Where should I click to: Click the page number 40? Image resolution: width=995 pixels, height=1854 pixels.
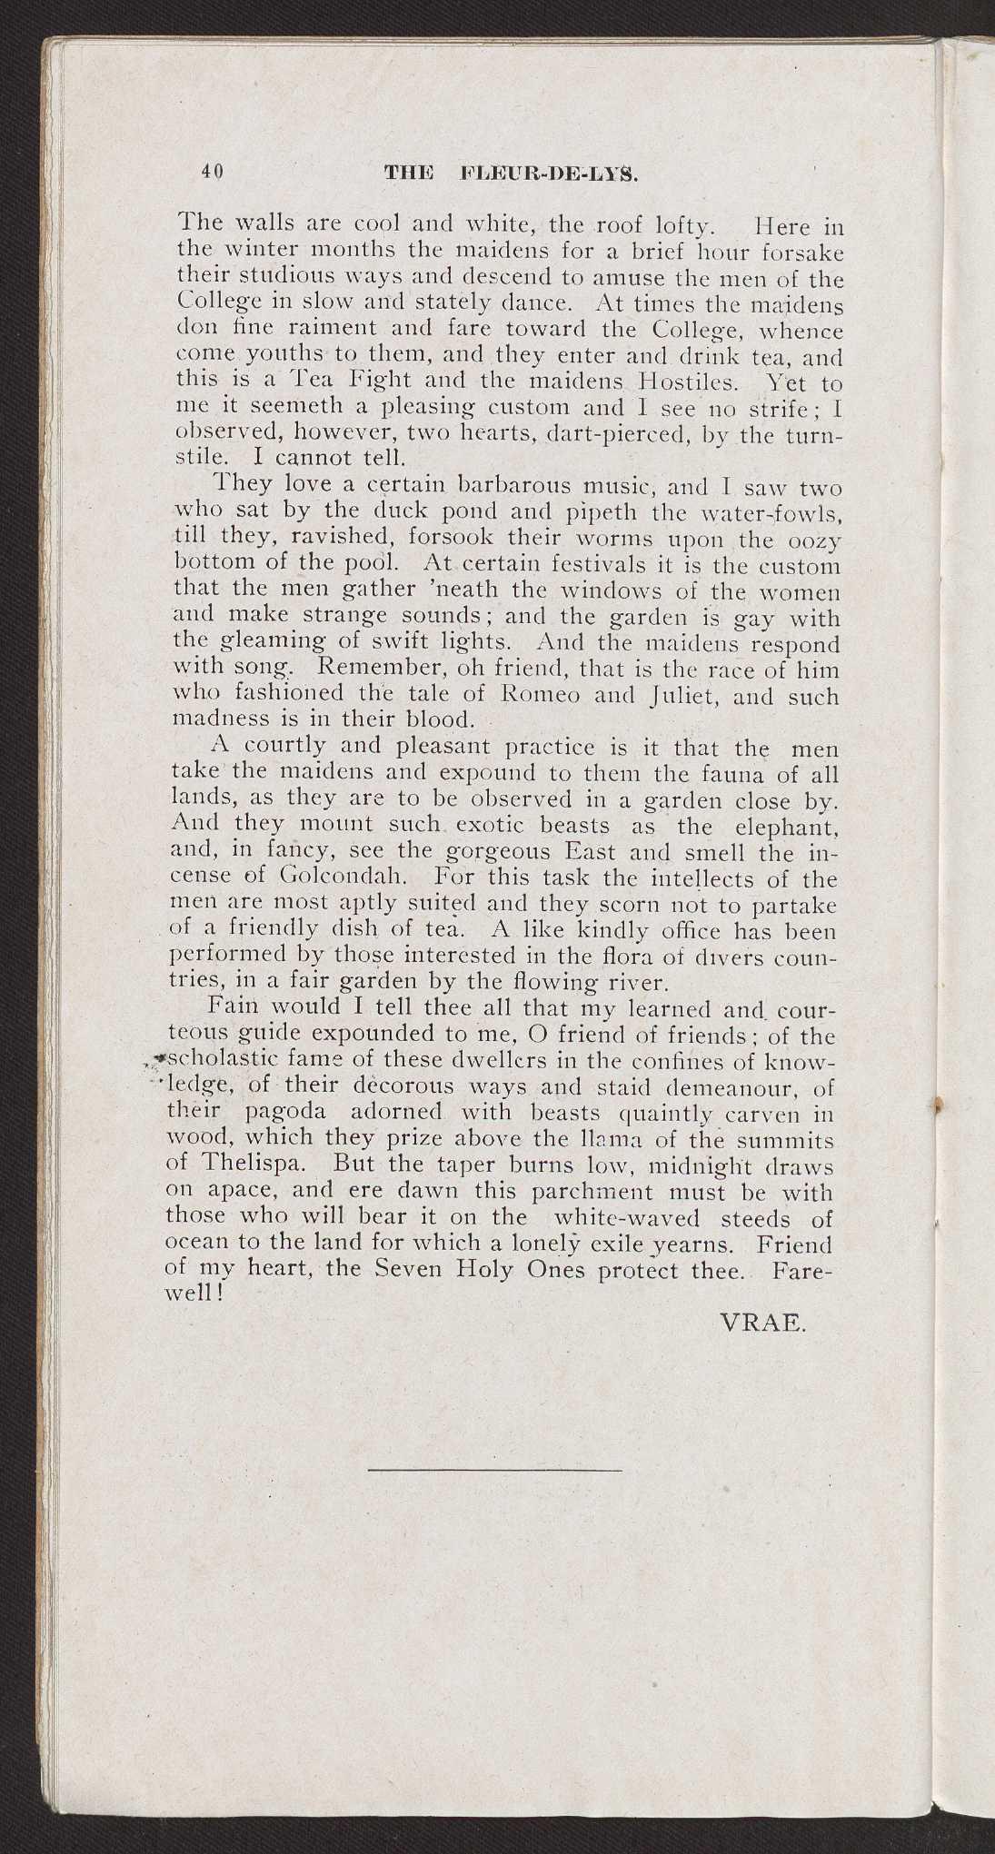tap(214, 172)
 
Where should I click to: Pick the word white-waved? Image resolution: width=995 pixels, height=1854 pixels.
tap(652, 1217)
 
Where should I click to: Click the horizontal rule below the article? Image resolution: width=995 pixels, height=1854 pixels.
tap(496, 1469)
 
